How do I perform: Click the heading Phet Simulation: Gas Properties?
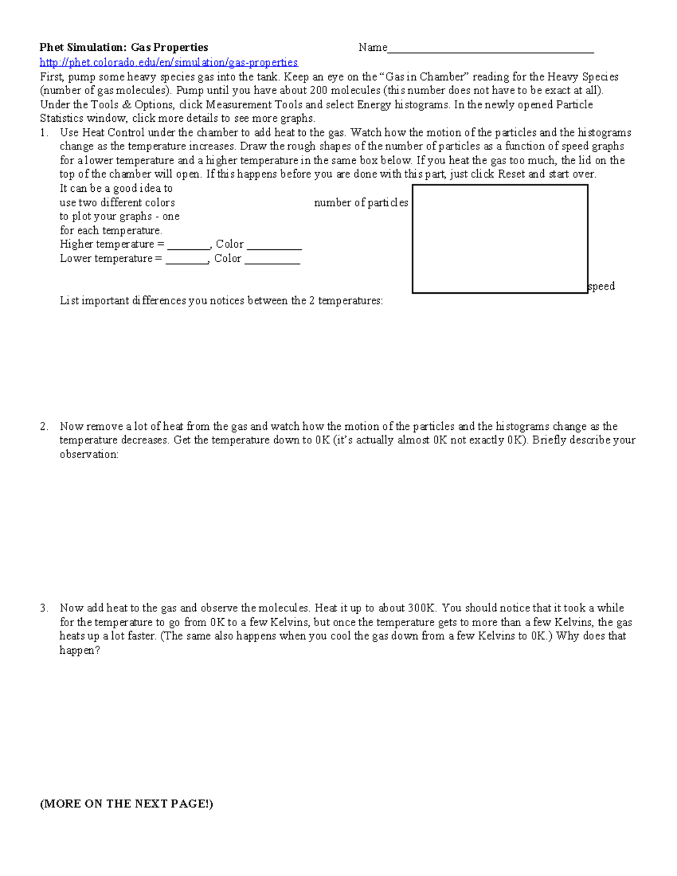click(x=124, y=47)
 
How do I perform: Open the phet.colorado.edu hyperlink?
click(x=169, y=62)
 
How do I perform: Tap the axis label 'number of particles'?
click(x=361, y=203)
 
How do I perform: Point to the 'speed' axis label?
click(x=601, y=286)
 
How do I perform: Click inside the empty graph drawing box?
click(x=500, y=239)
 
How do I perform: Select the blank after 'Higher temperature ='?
click(x=188, y=245)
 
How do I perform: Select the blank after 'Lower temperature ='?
click(x=187, y=259)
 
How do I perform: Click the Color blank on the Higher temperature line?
click(x=274, y=245)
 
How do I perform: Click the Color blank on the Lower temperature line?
click(x=272, y=259)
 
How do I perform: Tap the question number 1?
click(x=44, y=133)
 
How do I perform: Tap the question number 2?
click(x=44, y=426)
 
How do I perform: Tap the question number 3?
click(x=44, y=608)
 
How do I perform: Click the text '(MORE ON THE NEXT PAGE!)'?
click(x=126, y=803)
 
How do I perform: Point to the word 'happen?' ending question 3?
click(x=80, y=650)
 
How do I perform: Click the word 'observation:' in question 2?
click(x=89, y=454)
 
